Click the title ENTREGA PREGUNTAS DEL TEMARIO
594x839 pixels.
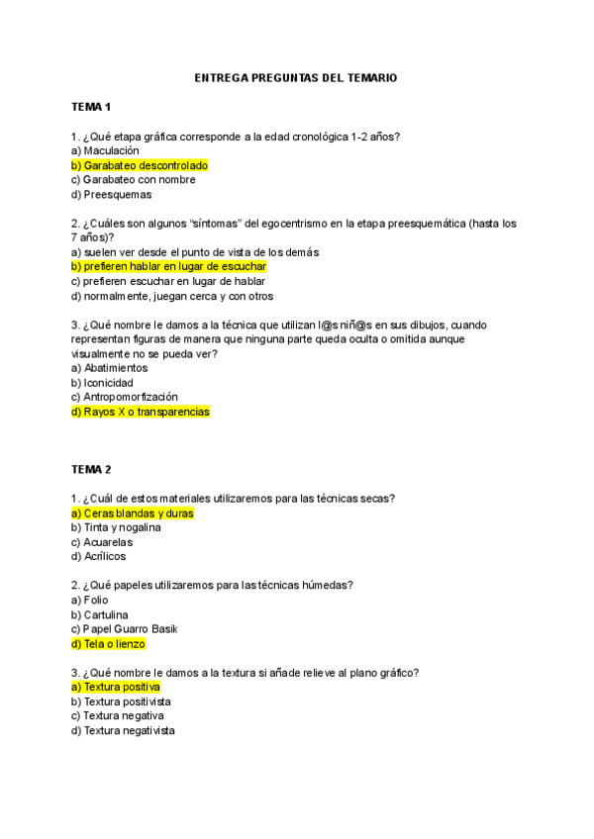tap(296, 77)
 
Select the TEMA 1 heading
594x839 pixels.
tap(92, 107)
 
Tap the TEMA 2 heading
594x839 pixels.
tap(92, 469)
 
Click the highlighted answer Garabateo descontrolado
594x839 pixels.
tap(140, 165)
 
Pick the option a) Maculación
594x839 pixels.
tap(105, 150)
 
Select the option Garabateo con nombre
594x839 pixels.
tap(134, 180)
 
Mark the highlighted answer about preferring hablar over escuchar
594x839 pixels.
tap(169, 266)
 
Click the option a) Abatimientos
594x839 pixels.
tap(109, 368)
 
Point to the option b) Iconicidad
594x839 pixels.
tap(102, 382)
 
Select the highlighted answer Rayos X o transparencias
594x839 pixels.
tap(141, 412)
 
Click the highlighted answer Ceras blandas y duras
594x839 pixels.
tap(133, 513)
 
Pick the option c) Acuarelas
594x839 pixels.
tap(102, 542)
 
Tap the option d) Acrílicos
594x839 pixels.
tap(99, 556)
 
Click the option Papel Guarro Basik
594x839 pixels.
tap(123, 629)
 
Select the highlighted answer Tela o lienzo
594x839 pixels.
tap(108, 644)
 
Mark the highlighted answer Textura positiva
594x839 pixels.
tap(116, 687)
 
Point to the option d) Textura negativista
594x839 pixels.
tap(123, 730)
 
